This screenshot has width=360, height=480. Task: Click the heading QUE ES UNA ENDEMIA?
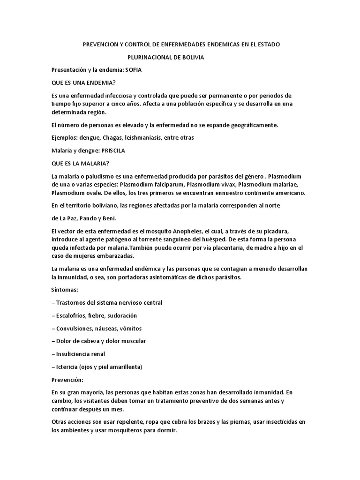[83, 82]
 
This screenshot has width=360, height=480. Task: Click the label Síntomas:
[65, 290]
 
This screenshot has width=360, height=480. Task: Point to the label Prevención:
[69, 379]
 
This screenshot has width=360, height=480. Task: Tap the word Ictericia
[67, 366]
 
